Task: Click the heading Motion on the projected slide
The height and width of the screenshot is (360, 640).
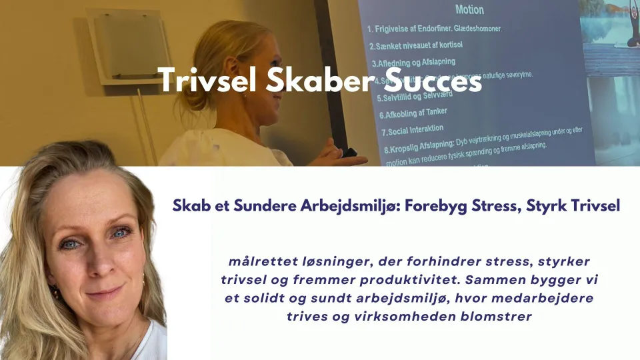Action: click(469, 10)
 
